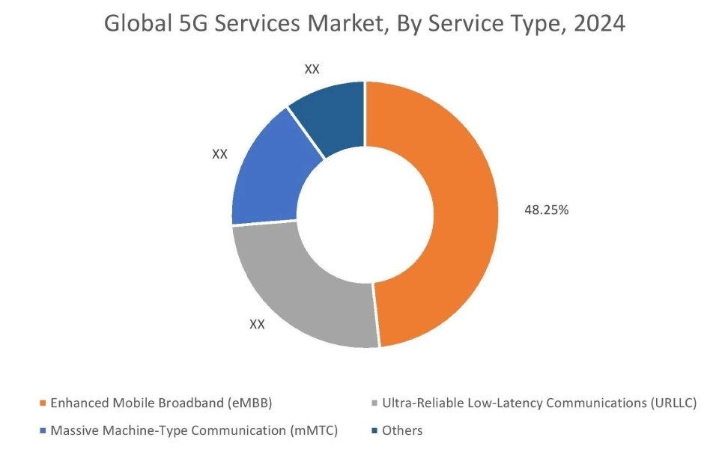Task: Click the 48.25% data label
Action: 546,210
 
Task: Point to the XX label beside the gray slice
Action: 257,325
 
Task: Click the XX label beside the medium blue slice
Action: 219,154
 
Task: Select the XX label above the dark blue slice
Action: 312,69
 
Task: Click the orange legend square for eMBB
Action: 43,403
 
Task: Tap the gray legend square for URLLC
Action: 374,403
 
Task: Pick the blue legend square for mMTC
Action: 43,431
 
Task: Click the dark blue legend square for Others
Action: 374,431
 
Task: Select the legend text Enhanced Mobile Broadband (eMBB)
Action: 161,403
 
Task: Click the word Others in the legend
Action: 402,431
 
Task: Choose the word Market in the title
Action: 325,24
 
